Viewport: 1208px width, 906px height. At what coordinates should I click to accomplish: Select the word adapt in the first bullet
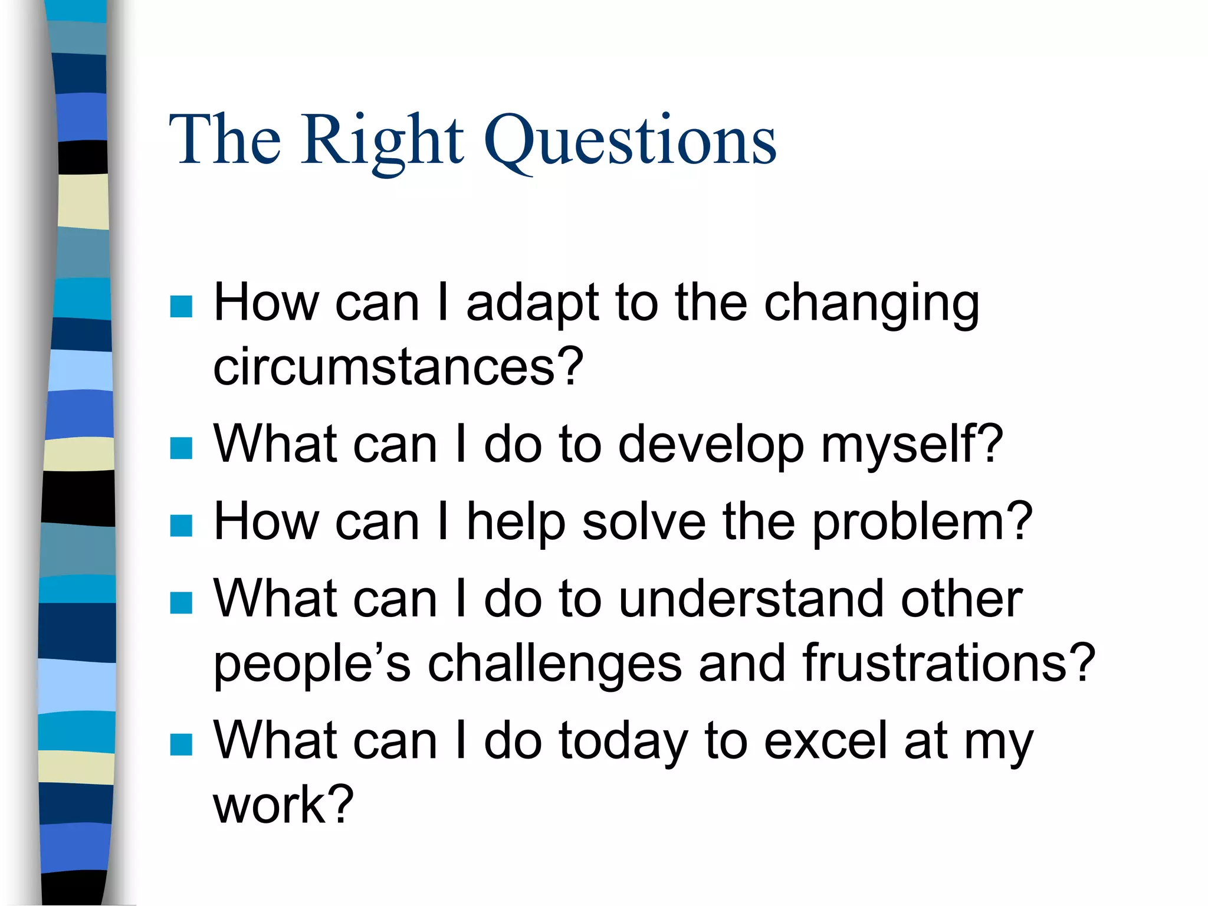pyautogui.click(x=531, y=304)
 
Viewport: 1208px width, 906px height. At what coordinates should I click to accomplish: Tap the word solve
pyautogui.click(x=644, y=522)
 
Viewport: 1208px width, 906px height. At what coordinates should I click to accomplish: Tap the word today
pyautogui.click(x=623, y=742)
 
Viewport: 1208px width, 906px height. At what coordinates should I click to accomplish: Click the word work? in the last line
pyautogui.click(x=283, y=806)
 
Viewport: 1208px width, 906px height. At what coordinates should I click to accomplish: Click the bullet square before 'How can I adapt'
pyautogui.click(x=181, y=307)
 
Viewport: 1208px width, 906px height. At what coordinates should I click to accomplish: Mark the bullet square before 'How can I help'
pyautogui.click(x=181, y=526)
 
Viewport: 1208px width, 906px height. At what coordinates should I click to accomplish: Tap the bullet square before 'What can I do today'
pyautogui.click(x=181, y=744)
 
